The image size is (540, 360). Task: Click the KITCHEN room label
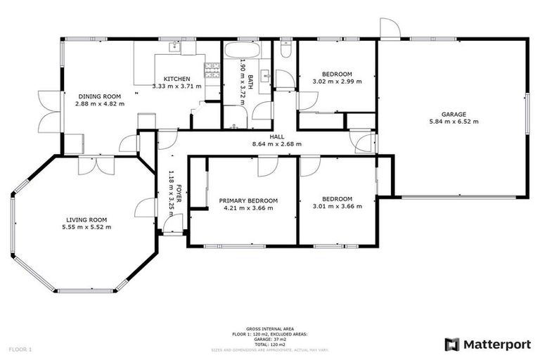(176, 78)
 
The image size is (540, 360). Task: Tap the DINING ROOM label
(99, 96)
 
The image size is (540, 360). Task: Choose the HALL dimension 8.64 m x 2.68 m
(276, 144)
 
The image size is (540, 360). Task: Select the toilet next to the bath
(285, 49)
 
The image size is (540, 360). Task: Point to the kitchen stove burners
(212, 70)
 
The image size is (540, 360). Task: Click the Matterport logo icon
(452, 344)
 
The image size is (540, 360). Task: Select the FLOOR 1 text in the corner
(20, 349)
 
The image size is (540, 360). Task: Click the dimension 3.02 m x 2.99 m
(337, 82)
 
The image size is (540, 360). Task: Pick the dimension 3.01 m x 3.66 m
(337, 206)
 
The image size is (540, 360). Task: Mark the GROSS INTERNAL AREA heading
(269, 328)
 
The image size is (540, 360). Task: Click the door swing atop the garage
(390, 28)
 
